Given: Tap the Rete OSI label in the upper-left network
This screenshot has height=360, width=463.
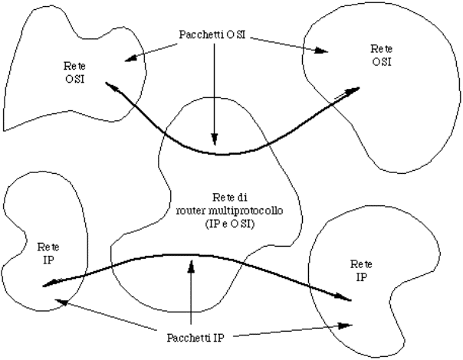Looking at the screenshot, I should pos(75,74).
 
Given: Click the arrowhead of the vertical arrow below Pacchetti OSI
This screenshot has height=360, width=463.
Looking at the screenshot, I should pos(215,142).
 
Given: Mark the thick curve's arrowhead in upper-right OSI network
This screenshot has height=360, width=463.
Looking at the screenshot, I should pos(353,90).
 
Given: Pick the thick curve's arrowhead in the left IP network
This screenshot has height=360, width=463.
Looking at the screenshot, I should pos(49,285).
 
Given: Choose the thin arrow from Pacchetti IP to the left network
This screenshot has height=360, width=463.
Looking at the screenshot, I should pos(115,318).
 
